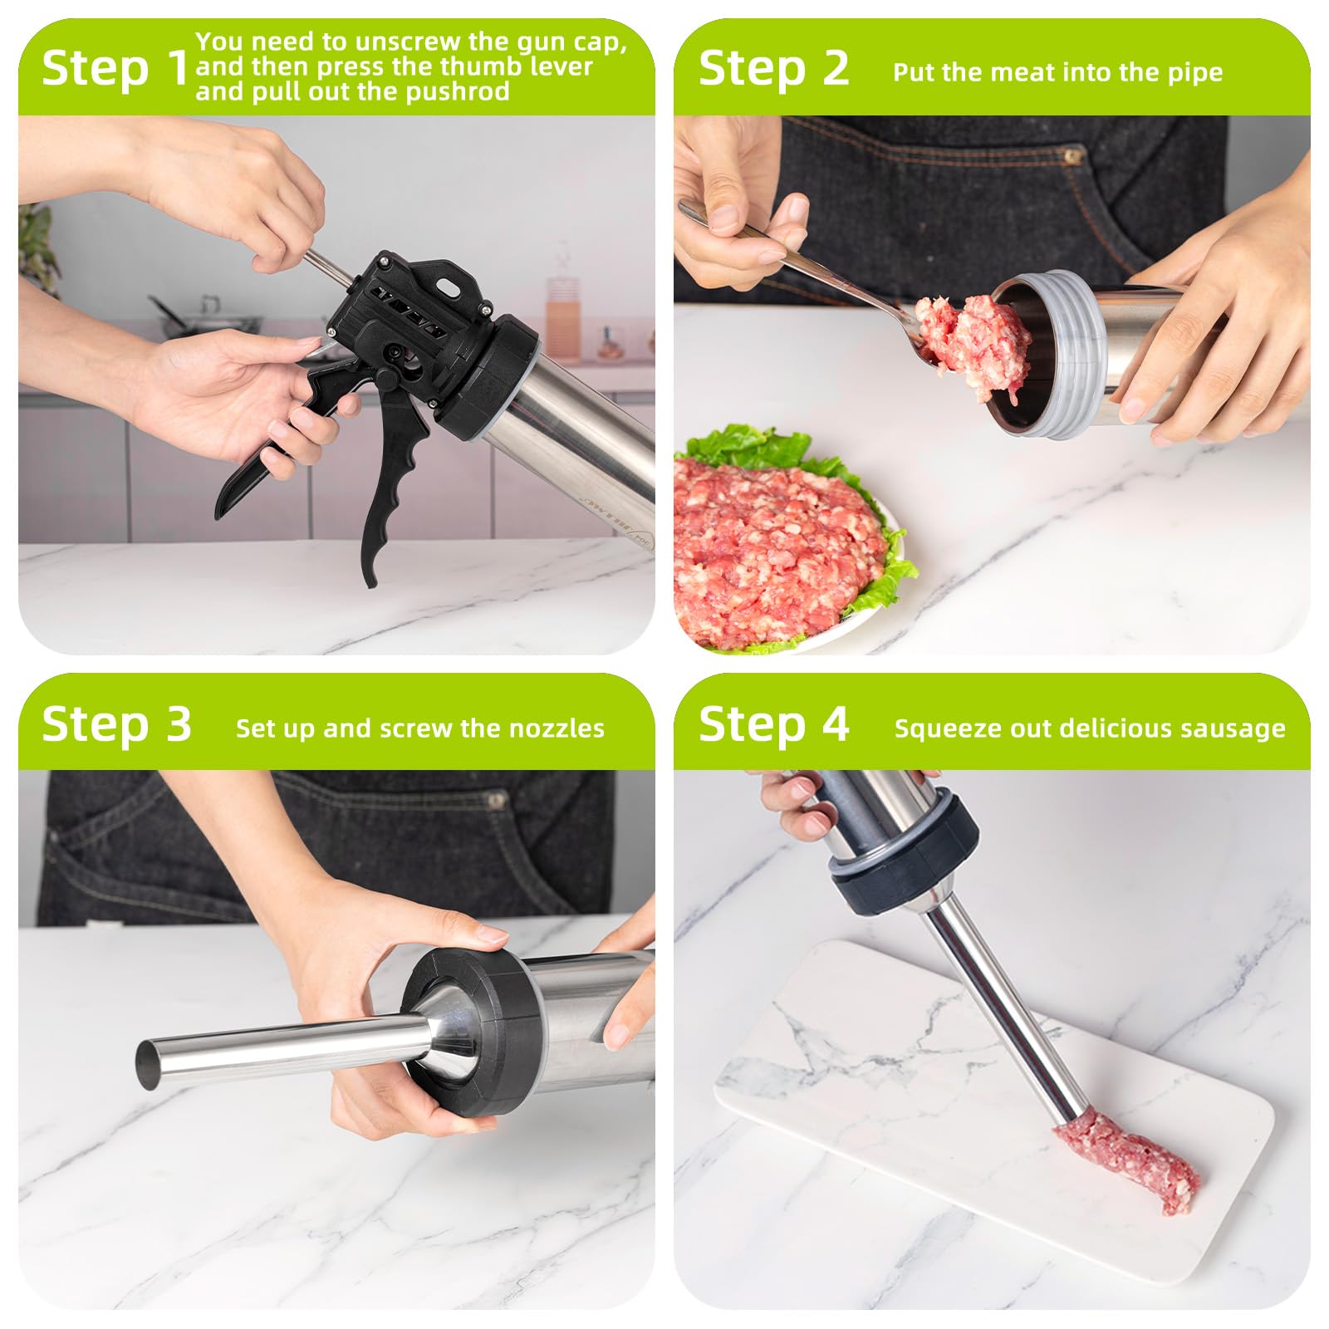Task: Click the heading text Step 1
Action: pyautogui.click(x=115, y=68)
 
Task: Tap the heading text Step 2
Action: pyautogui.click(x=773, y=68)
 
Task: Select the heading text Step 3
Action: pyautogui.click(x=116, y=724)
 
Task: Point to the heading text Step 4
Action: pyautogui.click(x=773, y=724)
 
